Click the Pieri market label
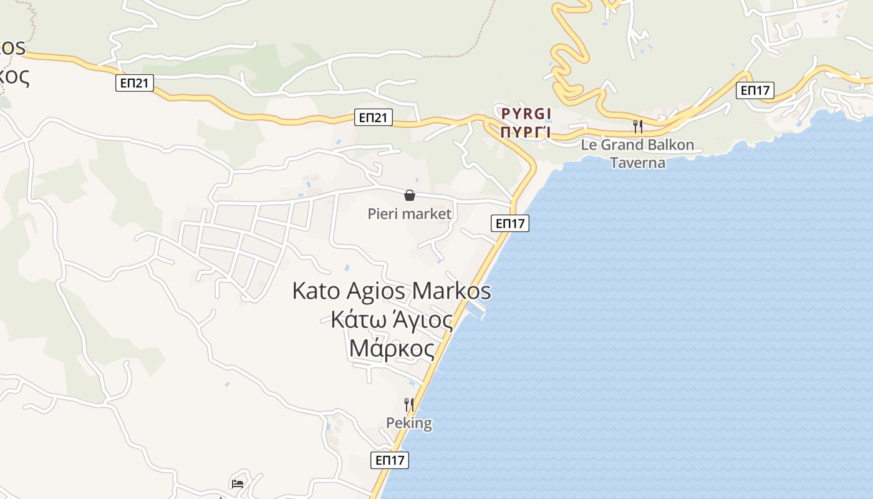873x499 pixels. point(409,214)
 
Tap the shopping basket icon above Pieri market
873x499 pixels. point(410,196)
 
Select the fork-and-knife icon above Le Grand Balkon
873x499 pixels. point(637,127)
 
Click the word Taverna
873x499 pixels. point(637,163)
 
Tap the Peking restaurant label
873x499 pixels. point(409,423)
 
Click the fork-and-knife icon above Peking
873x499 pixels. point(409,405)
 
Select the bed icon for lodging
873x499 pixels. point(237,483)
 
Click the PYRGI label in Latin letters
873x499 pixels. point(526,114)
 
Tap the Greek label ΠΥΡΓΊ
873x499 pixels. point(526,132)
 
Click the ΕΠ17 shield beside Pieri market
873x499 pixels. point(510,223)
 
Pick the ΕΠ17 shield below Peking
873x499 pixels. point(390,461)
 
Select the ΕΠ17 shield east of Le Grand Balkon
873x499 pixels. point(755,90)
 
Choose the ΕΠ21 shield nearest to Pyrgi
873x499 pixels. point(374,117)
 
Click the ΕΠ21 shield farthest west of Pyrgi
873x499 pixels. point(135,83)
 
